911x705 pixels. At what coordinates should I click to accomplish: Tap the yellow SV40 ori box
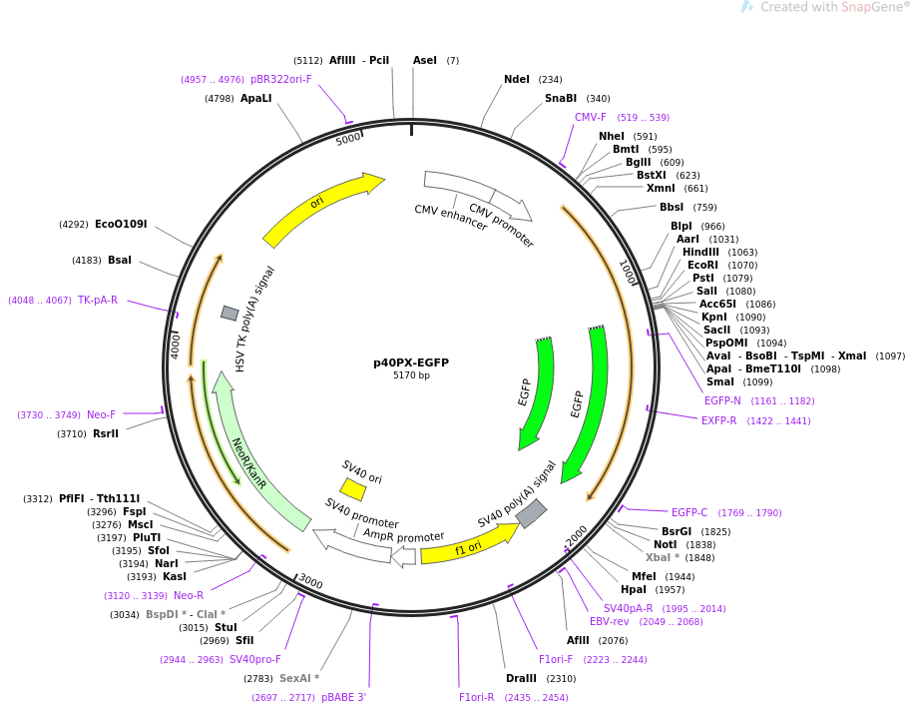click(352, 489)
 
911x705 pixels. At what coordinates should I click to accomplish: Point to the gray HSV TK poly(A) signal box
click(229, 313)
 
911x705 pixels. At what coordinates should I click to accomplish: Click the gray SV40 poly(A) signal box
click(531, 513)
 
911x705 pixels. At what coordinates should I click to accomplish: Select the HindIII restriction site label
click(700, 252)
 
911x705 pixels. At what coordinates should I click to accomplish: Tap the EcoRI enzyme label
click(703, 265)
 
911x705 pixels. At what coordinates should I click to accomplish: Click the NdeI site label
click(517, 79)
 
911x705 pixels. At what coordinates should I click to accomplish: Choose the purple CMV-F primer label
click(591, 117)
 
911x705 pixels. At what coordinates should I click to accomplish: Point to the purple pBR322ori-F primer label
click(280, 79)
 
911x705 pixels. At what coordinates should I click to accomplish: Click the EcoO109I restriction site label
click(121, 224)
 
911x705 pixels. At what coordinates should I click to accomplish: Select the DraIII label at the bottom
click(521, 678)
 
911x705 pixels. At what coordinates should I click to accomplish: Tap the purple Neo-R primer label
click(189, 595)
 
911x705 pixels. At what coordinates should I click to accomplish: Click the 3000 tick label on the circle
click(311, 582)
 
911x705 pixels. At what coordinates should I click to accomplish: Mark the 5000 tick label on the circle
click(348, 139)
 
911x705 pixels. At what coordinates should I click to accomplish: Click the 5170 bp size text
click(411, 375)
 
